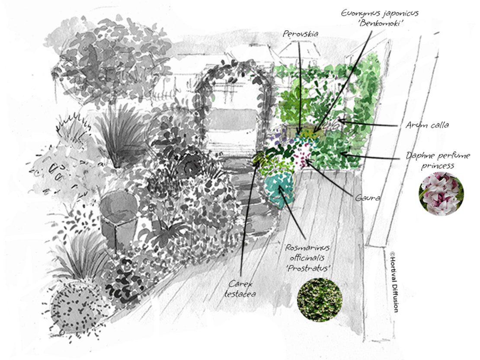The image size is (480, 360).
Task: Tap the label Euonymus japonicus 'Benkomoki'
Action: pyautogui.click(x=380, y=18)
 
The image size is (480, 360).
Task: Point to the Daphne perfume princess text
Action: pyautogui.click(x=438, y=160)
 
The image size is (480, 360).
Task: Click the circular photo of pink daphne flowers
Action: pyautogui.click(x=441, y=194)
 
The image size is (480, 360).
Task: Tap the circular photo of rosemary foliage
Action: pyautogui.click(x=320, y=300)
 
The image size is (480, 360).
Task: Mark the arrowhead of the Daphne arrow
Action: pyautogui.click(x=341, y=153)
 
